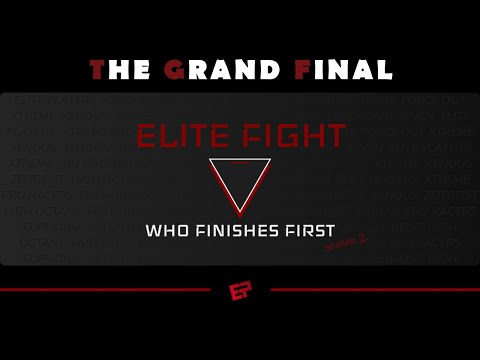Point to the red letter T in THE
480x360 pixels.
pyautogui.click(x=97, y=69)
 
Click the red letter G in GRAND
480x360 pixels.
pyautogui.click(x=174, y=69)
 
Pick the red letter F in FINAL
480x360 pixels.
pyautogui.click(x=302, y=69)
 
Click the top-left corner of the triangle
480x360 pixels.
pyautogui.click(x=210, y=160)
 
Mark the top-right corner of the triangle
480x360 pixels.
pyautogui.click(x=270, y=160)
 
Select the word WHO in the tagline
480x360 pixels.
pyautogui.click(x=166, y=231)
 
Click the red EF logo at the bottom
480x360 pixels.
pyautogui.click(x=240, y=291)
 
